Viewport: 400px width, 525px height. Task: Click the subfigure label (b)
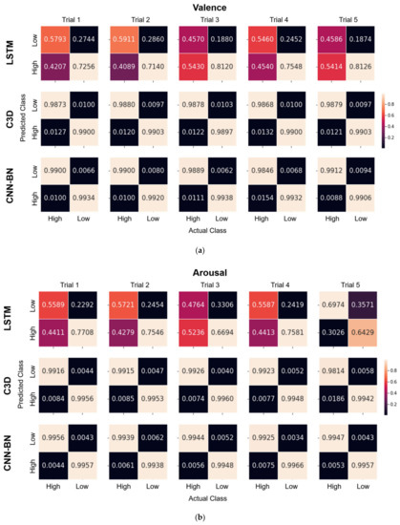[200, 516]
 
